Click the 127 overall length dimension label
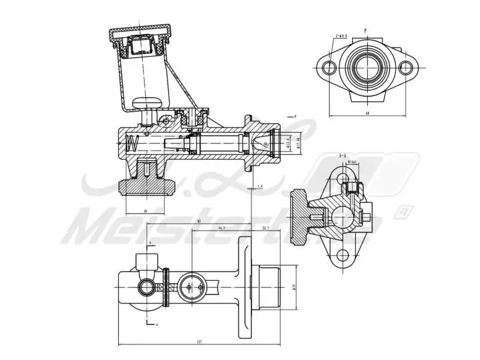coord(199,341)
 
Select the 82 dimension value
coord(198,221)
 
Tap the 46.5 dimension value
coord(221,229)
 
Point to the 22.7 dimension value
coord(266,229)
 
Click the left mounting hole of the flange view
coord(328,67)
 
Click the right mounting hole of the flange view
coord(406,67)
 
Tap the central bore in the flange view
coord(367,68)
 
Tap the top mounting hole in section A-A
coord(343,178)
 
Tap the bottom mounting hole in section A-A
coord(343,256)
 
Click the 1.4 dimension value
coord(260,187)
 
